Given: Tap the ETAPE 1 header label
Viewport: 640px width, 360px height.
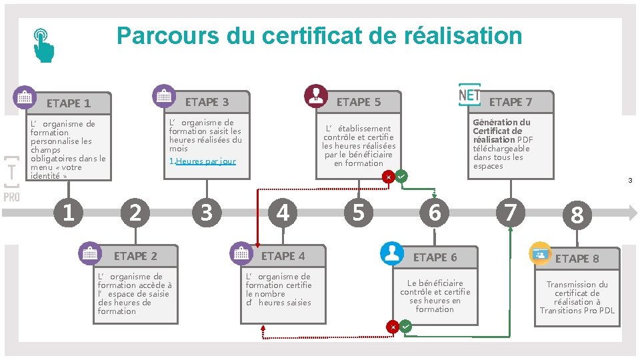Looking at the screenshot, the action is coord(69,103).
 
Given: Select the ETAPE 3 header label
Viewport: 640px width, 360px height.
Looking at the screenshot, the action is coord(207,102).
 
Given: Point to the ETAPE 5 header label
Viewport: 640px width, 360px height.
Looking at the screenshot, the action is coord(359,102).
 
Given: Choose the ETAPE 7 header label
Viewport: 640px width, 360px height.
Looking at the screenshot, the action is coord(511,102).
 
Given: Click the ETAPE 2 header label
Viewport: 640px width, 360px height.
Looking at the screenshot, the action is coord(135,256).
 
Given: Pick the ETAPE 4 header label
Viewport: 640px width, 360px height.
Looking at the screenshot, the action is coord(283,256).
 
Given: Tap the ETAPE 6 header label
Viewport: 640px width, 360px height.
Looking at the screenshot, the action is coord(435,257).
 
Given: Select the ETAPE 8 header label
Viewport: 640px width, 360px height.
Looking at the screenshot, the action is coord(577,259).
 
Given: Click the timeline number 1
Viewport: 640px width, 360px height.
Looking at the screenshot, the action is coord(68,213).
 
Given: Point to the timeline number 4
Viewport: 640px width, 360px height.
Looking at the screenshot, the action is coord(283,213).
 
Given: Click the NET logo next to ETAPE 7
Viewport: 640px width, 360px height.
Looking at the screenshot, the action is coord(470,95).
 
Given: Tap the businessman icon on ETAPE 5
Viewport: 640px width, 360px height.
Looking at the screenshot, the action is coord(315,95).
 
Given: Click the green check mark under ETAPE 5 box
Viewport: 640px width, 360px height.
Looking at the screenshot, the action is coord(401,177).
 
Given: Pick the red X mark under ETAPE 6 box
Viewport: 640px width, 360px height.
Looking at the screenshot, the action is coord(393,327).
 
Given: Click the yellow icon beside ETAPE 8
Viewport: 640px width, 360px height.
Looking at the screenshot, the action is coord(540,253).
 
